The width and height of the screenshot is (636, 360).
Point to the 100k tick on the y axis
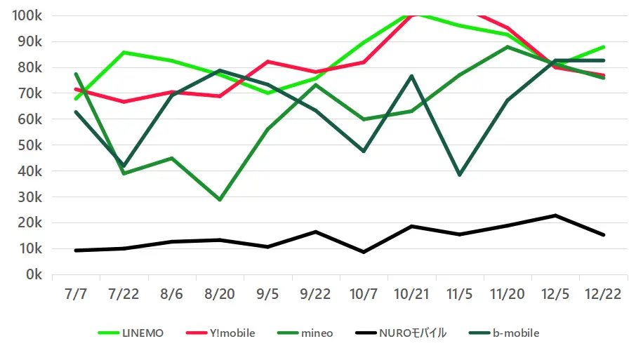tap(27, 15)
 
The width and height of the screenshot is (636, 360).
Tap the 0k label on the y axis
tap(34, 275)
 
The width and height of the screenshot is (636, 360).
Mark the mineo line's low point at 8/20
tap(220, 200)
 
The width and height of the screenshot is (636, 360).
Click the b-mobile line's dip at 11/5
tap(460, 175)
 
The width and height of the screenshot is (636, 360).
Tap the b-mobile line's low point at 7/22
tap(124, 166)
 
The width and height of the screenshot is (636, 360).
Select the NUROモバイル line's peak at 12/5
tap(556, 215)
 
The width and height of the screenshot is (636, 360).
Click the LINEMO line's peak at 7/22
tap(124, 52)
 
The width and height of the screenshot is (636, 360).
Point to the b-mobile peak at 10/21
tap(412, 76)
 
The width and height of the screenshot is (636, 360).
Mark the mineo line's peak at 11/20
tap(508, 46)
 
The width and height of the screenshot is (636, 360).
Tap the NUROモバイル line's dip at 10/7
tap(364, 252)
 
